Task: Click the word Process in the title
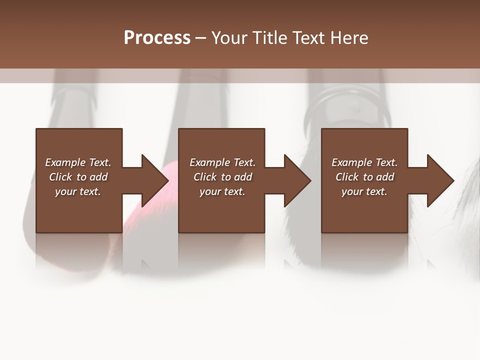[x=157, y=38]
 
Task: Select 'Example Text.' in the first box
[x=78, y=162]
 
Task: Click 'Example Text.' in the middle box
[x=222, y=162]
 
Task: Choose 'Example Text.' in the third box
[x=364, y=162]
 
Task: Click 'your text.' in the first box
[x=78, y=191]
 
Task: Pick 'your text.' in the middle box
[x=222, y=191]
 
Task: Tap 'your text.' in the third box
[x=364, y=191]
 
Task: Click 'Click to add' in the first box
[x=78, y=177]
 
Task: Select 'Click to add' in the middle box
[x=222, y=177]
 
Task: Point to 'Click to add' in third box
[x=364, y=177]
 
